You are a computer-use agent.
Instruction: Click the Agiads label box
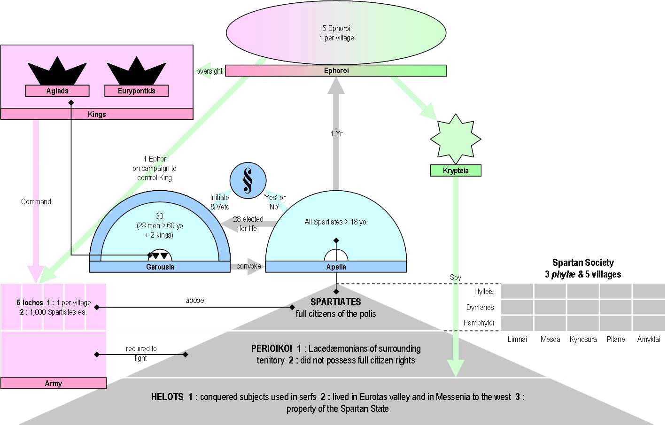point(57,91)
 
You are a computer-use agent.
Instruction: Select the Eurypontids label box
point(136,91)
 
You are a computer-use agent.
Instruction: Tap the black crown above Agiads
point(57,71)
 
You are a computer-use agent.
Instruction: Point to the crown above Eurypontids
point(136,71)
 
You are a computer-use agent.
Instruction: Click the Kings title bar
point(97,114)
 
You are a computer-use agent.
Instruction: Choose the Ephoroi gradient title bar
point(336,70)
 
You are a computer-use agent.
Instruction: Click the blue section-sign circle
point(248,180)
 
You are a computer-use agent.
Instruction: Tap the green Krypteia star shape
point(456,139)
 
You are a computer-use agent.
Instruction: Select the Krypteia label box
point(456,170)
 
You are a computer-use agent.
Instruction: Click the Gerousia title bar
point(160,267)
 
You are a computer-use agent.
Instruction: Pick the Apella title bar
point(336,267)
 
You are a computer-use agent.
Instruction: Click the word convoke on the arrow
point(248,266)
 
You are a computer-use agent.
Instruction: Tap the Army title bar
point(53,383)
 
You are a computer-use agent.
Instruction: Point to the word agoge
point(195,301)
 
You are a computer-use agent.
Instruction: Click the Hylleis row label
point(484,291)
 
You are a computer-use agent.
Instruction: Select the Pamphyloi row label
point(479,323)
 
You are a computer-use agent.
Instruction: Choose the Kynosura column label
point(583,339)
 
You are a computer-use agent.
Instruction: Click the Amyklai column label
point(649,339)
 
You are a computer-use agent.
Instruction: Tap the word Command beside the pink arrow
point(36,201)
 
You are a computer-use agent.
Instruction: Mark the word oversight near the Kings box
point(209,71)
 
